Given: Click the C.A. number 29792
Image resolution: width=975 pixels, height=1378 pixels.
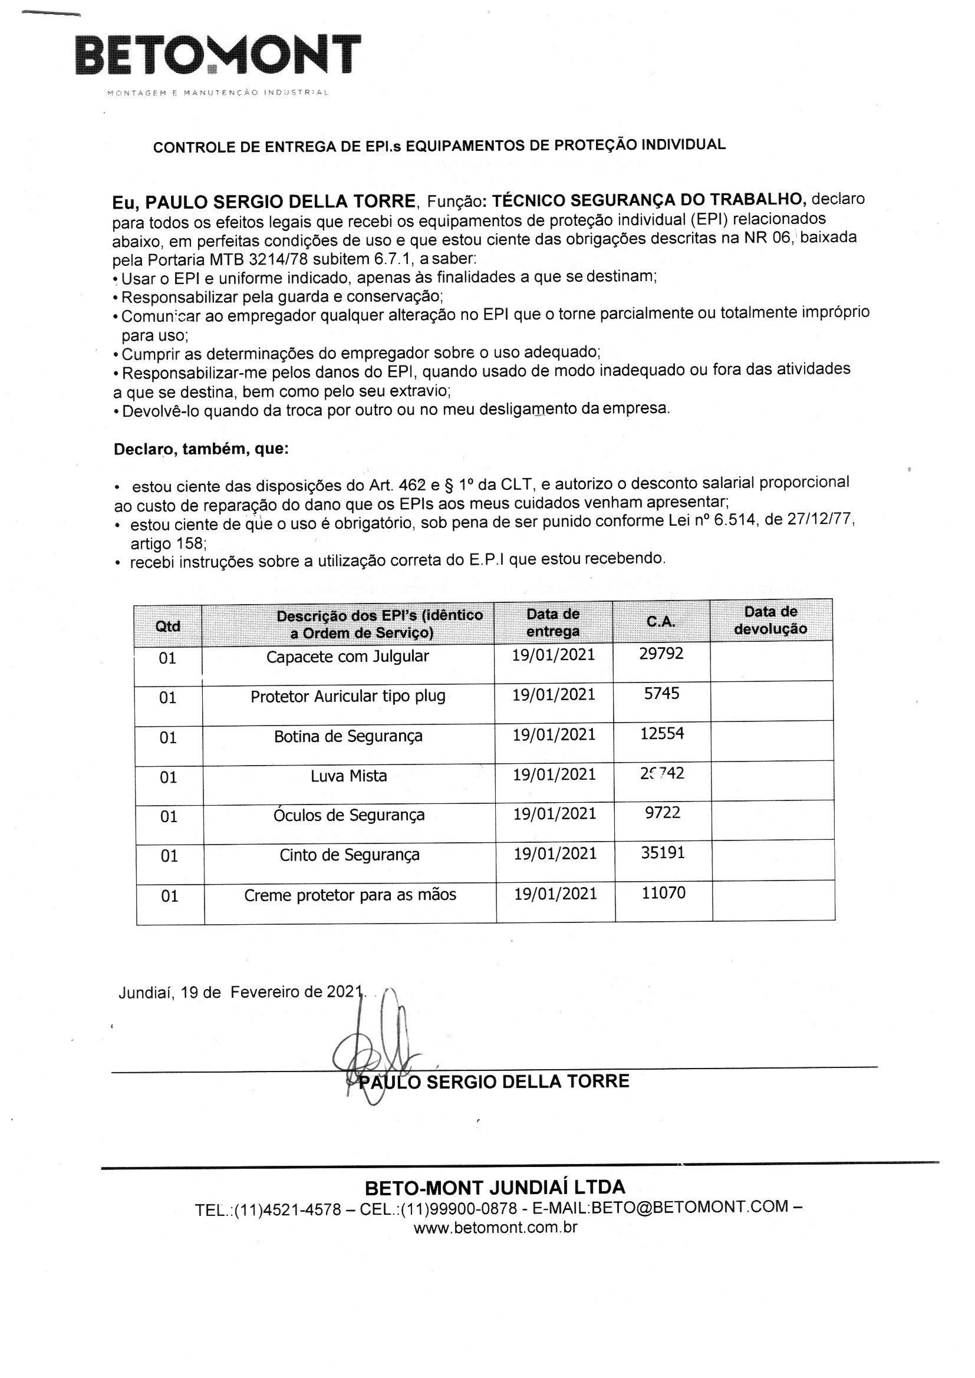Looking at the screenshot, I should [661, 654].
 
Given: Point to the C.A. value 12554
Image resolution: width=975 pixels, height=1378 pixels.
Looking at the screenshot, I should [661, 733].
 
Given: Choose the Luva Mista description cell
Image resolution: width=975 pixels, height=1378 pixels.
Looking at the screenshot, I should [348, 776].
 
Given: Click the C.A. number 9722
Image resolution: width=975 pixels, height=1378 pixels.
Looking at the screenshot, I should [662, 813].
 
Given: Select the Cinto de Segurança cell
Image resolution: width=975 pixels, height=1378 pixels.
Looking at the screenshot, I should [350, 855].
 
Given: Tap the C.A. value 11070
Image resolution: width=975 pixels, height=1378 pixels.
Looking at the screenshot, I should [663, 893].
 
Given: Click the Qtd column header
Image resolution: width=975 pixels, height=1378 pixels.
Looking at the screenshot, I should [167, 627].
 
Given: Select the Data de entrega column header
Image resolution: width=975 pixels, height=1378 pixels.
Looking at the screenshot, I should [553, 622].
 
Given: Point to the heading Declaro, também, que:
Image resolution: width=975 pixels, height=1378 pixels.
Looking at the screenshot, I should [201, 450].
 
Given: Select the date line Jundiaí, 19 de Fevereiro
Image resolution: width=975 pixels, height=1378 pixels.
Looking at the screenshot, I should [240, 993].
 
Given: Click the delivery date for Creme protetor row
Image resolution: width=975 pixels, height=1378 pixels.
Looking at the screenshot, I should [555, 894].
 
